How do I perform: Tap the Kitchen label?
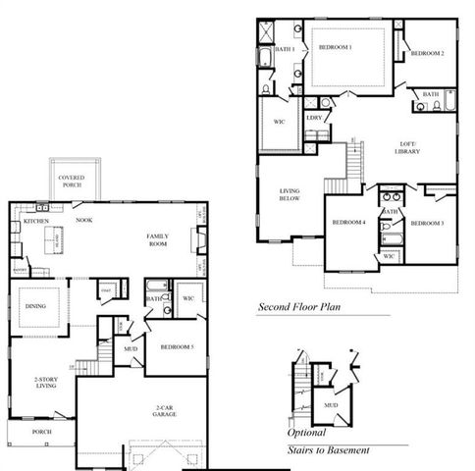point(36,222)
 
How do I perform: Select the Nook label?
point(84,221)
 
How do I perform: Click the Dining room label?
point(36,304)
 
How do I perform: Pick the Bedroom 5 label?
point(176,347)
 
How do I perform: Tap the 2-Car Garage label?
point(165,412)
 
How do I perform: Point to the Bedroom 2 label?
point(428,52)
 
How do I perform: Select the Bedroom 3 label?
point(428,224)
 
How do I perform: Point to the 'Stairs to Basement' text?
point(329,449)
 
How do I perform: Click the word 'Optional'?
point(306,433)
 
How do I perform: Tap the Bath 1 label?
point(285,48)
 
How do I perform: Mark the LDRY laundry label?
point(314,118)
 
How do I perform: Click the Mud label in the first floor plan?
point(130,347)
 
